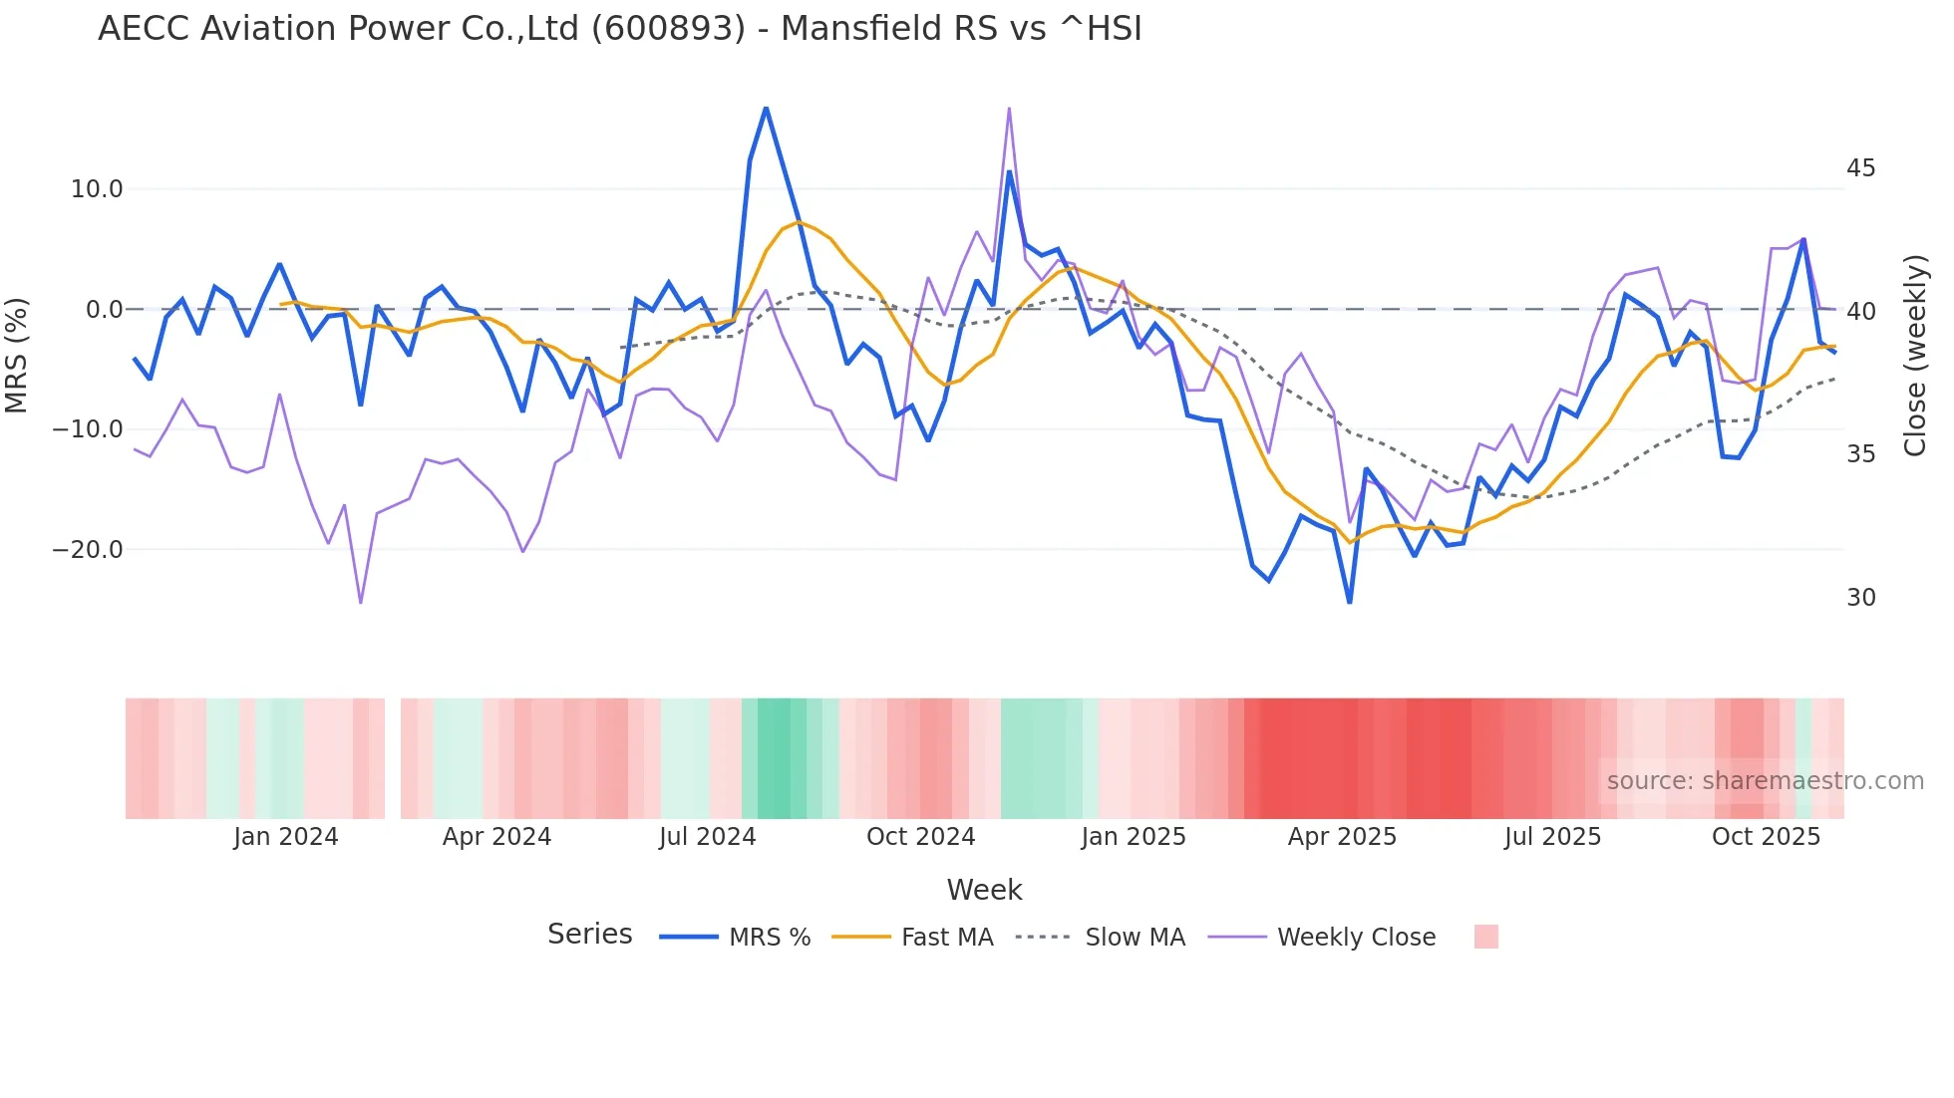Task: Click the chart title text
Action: click(619, 29)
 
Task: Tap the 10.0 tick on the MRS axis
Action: click(97, 189)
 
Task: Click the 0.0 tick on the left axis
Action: click(104, 310)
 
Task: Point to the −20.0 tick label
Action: click(88, 550)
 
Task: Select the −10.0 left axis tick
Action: click(88, 429)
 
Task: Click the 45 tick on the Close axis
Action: click(1860, 168)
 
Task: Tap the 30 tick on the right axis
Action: click(1860, 598)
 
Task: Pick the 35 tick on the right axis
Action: click(1860, 454)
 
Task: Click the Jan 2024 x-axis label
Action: click(286, 837)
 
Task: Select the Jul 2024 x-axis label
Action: click(708, 837)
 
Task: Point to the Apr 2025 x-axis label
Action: click(1342, 837)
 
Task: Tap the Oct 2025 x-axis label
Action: click(1766, 837)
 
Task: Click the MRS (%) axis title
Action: click(17, 356)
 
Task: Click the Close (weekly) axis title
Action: click(1915, 356)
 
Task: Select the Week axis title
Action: click(984, 890)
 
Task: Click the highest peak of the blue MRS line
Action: click(766, 108)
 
